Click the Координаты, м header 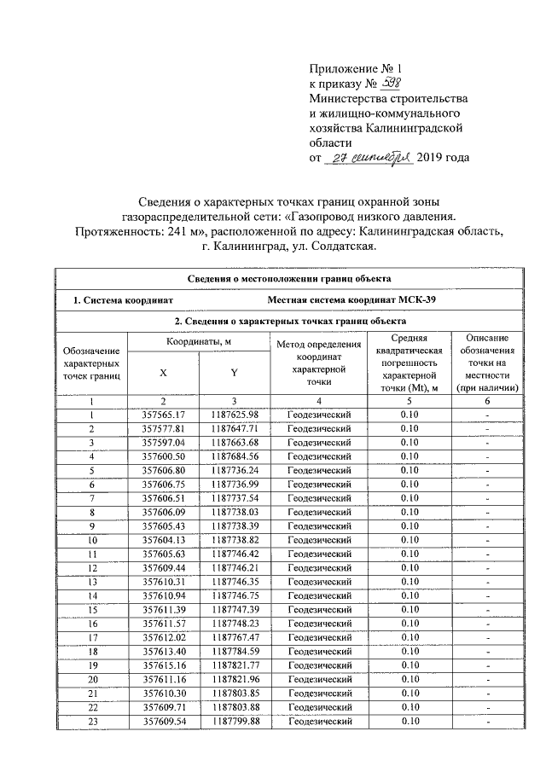199,342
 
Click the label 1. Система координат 124,299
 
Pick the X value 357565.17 164,415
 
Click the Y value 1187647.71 234,427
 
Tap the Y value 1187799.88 234,722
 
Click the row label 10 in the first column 91,540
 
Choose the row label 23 91,722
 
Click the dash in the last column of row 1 485,415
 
